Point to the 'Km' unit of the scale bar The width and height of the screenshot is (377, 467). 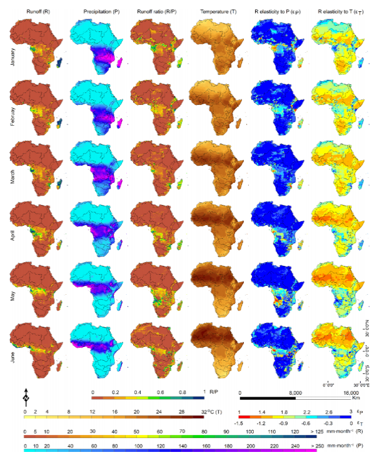356,398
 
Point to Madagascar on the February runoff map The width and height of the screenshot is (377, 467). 60,122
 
